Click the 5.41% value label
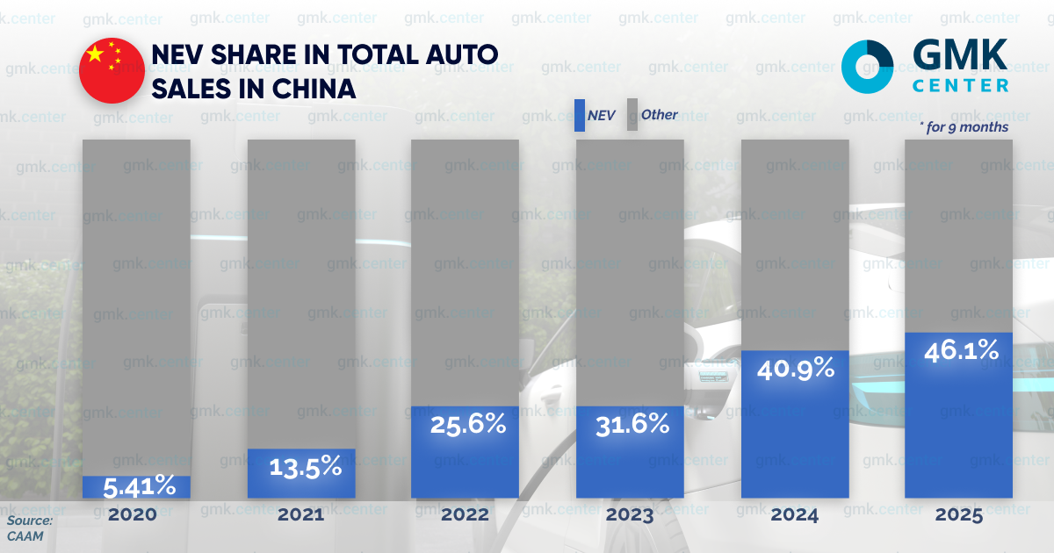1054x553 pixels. pyautogui.click(x=136, y=486)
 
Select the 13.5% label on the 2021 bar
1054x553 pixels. pyautogui.click(x=300, y=467)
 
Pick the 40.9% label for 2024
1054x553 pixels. pyautogui.click(x=795, y=369)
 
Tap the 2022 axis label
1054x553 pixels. pyautogui.click(x=466, y=515)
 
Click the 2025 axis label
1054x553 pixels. pyautogui.click(x=959, y=515)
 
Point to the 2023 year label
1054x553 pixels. pyautogui.click(x=630, y=515)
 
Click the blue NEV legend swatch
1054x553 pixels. pyautogui.click(x=580, y=115)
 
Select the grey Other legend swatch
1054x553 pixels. pyautogui.click(x=631, y=115)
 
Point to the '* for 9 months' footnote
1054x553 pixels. pyautogui.click(x=964, y=127)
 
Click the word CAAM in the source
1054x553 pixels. pyautogui.click(x=26, y=535)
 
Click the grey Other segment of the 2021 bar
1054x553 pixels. pyautogui.click(x=300, y=290)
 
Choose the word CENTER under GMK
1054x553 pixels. pyautogui.click(x=960, y=86)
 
